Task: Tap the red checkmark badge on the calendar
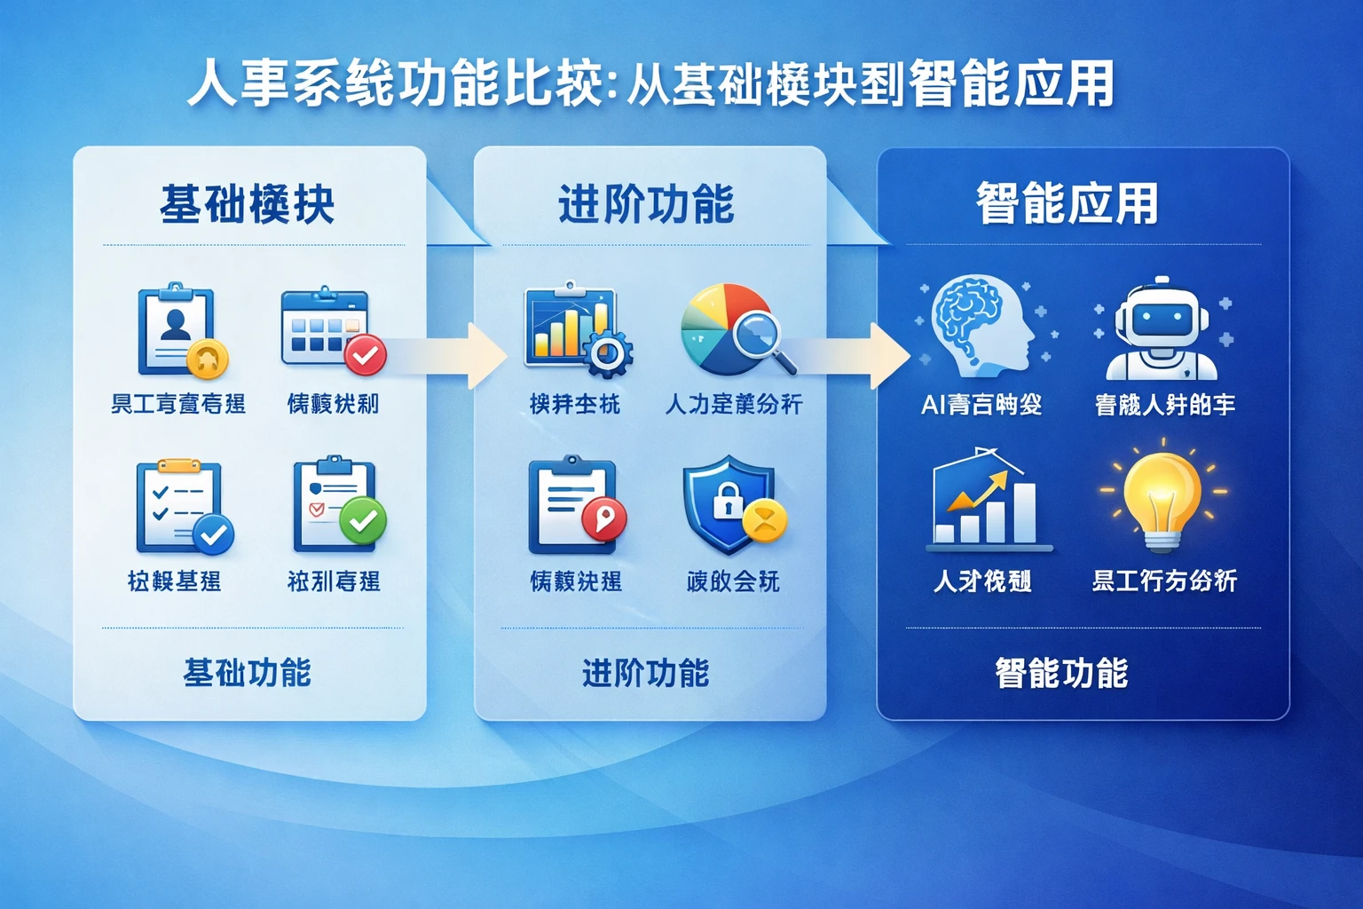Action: coord(365,356)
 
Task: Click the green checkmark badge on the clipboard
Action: coord(363,520)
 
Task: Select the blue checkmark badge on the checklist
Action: coord(213,534)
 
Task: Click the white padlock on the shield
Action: coord(727,501)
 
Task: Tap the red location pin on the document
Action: coord(604,518)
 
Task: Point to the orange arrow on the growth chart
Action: coord(979,492)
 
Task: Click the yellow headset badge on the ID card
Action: coord(208,359)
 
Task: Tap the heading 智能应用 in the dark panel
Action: coord(1067,204)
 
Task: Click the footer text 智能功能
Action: coord(1061,673)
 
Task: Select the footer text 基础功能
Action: coord(247,673)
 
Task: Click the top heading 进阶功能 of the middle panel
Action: coord(646,204)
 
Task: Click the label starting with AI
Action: coord(981,405)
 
